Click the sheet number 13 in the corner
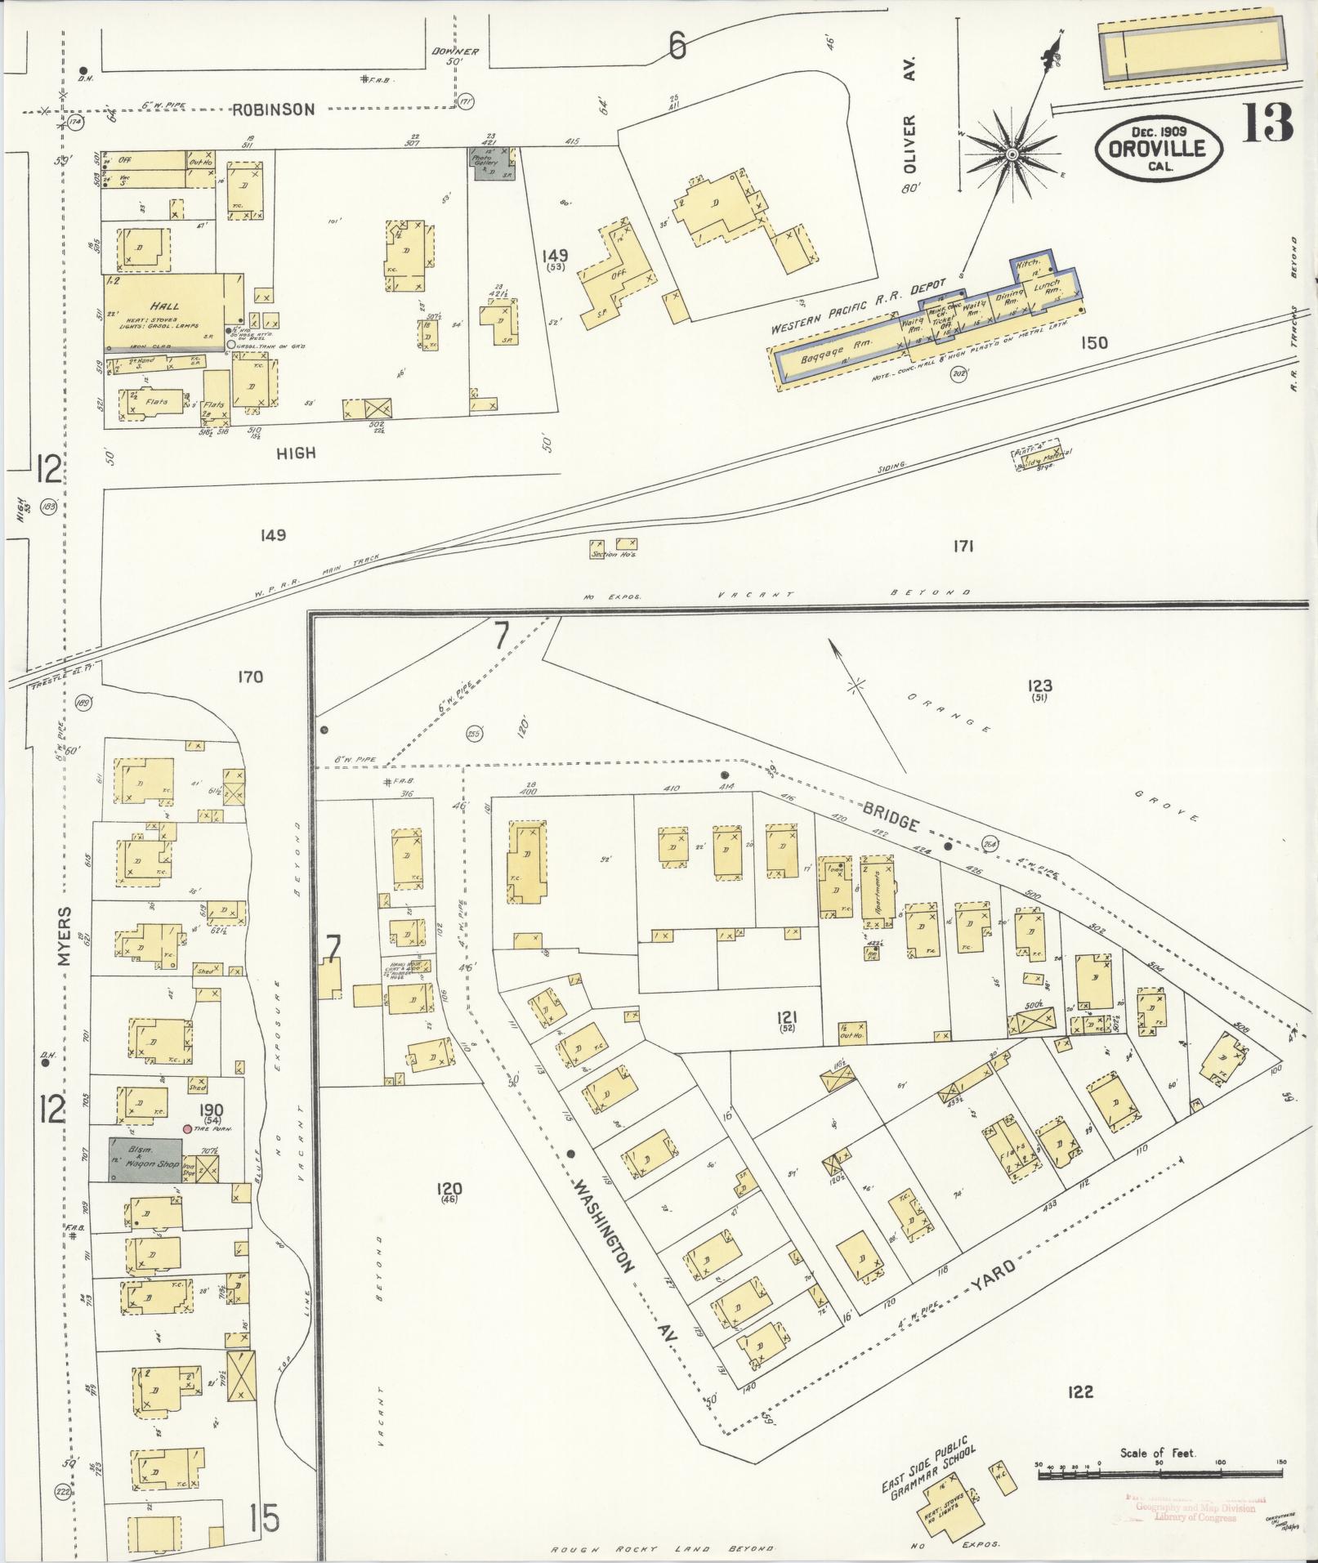(1268, 123)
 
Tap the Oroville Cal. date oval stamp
(1159, 148)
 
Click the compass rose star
(1012, 154)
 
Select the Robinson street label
(272, 110)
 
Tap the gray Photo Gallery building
(491, 163)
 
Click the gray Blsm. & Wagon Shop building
(146, 1159)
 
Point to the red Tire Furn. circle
(188, 1129)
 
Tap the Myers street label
(65, 936)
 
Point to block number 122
(1079, 1391)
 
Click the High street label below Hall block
(295, 453)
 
